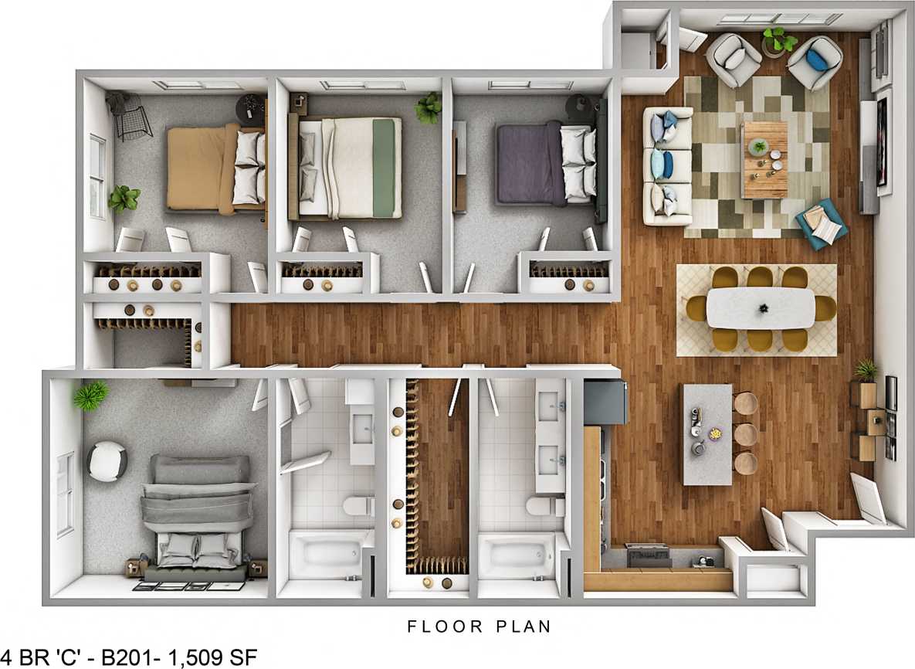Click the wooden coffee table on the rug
764,159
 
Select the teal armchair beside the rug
822,224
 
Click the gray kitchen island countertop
707,434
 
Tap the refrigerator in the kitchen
605,401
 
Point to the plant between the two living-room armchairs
778,39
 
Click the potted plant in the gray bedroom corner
90,396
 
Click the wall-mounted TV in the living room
883,142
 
